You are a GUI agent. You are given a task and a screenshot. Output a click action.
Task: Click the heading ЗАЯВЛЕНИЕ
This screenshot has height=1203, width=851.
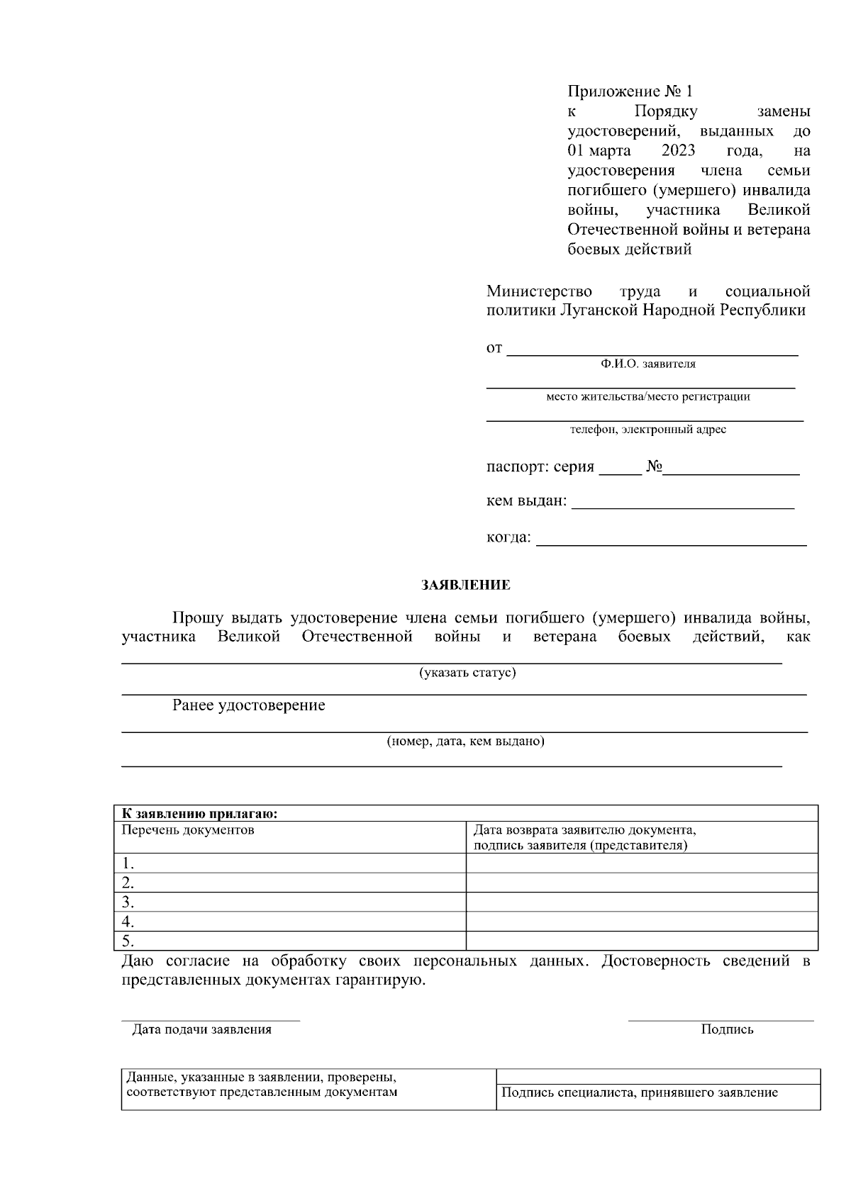tap(465, 586)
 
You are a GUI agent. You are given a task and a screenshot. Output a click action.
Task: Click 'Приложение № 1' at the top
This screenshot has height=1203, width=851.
tap(629, 91)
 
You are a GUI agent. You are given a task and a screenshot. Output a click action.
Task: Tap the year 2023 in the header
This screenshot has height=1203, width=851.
tap(677, 151)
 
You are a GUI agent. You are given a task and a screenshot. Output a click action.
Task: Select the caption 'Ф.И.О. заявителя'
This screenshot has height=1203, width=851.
tap(647, 364)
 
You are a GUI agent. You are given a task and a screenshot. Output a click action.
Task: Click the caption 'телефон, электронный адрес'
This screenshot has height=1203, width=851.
tap(647, 430)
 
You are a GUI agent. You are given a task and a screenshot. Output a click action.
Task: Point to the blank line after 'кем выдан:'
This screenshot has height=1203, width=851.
tap(682, 505)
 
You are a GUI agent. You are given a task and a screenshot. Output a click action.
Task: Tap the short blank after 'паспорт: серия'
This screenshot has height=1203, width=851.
tap(620, 471)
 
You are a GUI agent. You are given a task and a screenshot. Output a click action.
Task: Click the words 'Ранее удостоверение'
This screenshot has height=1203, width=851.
tap(249, 705)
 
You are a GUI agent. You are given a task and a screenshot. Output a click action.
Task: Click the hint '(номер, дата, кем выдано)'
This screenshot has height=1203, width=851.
tap(465, 742)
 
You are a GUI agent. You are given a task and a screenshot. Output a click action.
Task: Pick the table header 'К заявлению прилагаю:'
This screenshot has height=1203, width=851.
tap(199, 814)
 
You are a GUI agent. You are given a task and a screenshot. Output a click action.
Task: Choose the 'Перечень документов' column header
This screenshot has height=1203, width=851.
tap(188, 830)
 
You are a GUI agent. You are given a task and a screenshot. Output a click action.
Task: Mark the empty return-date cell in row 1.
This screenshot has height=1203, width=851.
tap(641, 863)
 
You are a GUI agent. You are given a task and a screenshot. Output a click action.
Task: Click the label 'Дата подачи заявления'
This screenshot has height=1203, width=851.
tap(202, 1030)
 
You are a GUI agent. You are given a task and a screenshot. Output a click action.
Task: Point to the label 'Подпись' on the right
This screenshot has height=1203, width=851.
tap(727, 1030)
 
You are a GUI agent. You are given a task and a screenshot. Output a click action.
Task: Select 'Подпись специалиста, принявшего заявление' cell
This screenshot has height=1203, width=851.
tap(639, 1093)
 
